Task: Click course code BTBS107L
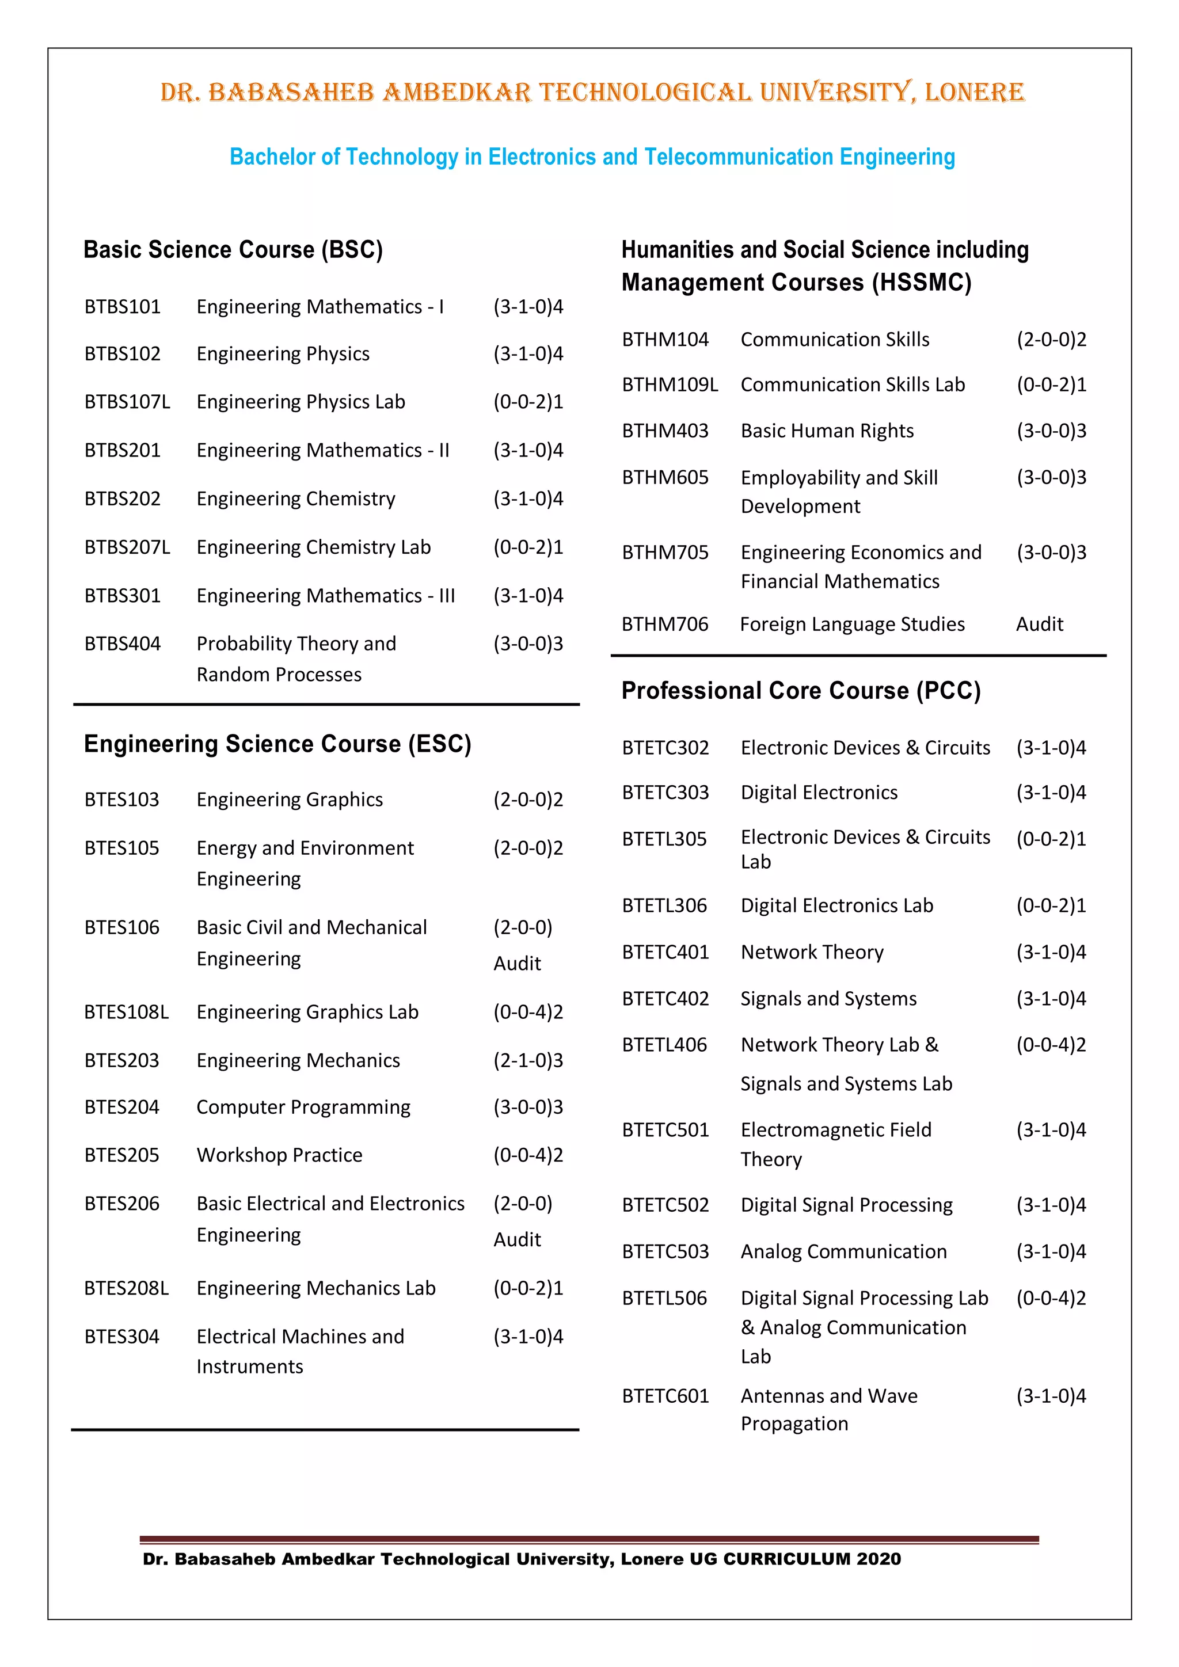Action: [x=127, y=402]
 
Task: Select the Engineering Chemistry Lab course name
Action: [x=314, y=547]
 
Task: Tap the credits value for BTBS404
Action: [x=528, y=644]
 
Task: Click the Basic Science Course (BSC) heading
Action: [x=233, y=249]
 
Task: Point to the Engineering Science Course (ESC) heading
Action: [x=277, y=744]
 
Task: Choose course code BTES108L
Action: [x=126, y=1011]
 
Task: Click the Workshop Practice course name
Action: [x=280, y=1155]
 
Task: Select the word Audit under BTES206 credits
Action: [x=517, y=1239]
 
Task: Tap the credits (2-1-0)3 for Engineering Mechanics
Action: [x=528, y=1060]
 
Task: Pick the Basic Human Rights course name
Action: [x=827, y=431]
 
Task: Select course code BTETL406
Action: [x=664, y=1044]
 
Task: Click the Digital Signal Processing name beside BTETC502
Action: [x=846, y=1205]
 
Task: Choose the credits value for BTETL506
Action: [x=1051, y=1297]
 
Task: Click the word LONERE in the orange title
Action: [x=973, y=92]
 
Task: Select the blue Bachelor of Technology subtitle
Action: [x=592, y=156]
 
